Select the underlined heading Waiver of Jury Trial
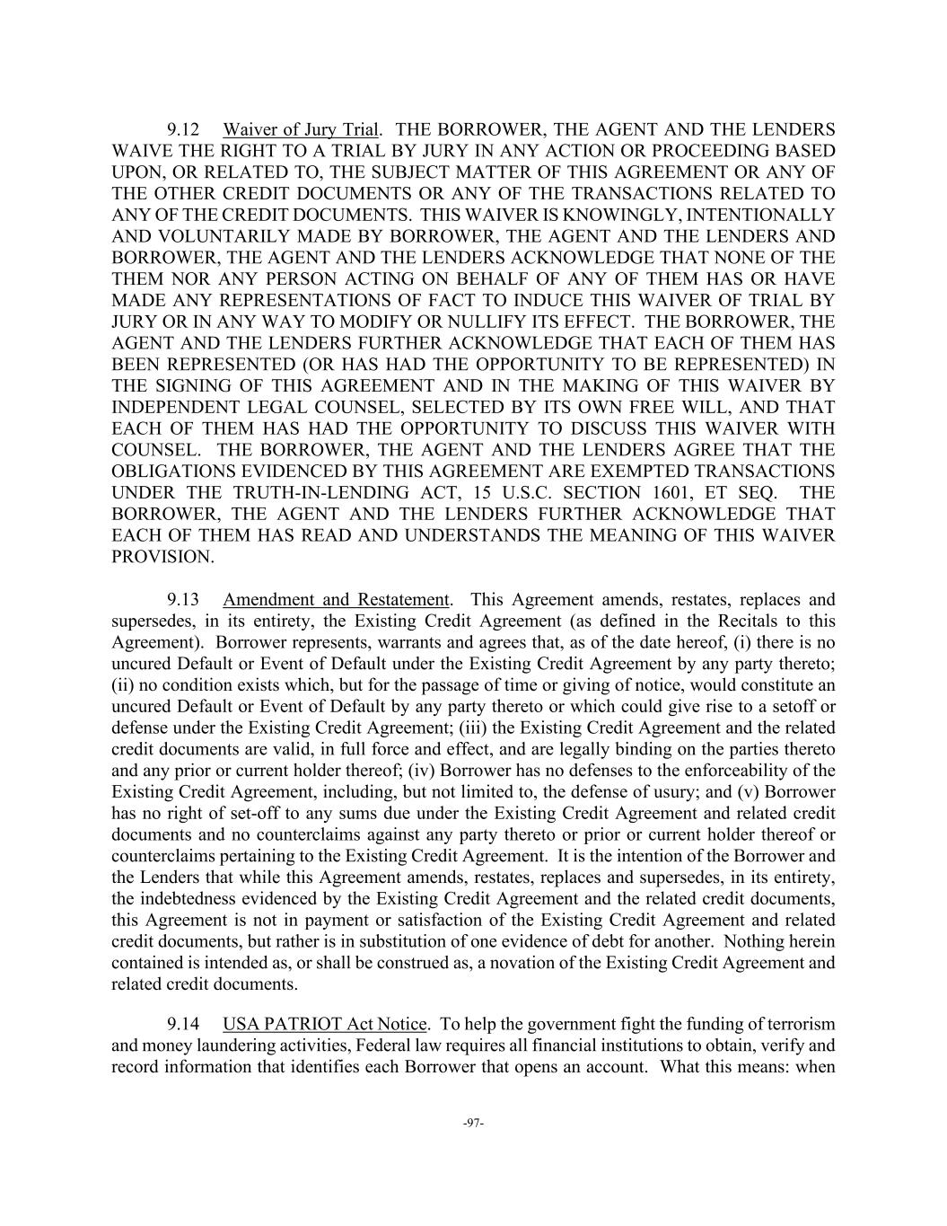pos(301,129)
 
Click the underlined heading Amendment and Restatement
pos(336,599)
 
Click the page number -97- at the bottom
pos(473,1123)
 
